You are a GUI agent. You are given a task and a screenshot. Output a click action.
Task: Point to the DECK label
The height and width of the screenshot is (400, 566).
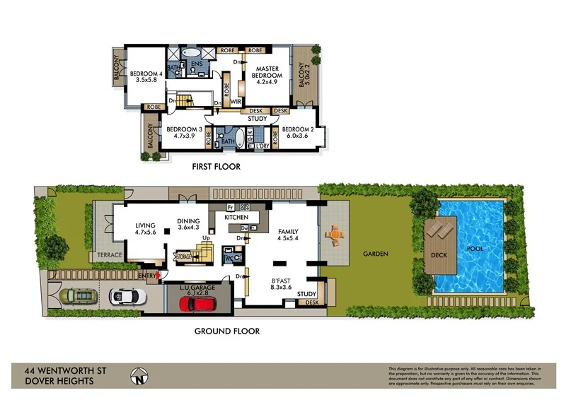pos(438,253)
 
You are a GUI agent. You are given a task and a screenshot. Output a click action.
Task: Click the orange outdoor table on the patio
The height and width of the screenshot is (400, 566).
pos(334,234)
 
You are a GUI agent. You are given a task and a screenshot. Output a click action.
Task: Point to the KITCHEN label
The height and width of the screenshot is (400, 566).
pos(238,218)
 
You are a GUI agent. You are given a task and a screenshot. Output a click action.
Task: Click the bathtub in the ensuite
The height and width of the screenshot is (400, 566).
pos(192,53)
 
